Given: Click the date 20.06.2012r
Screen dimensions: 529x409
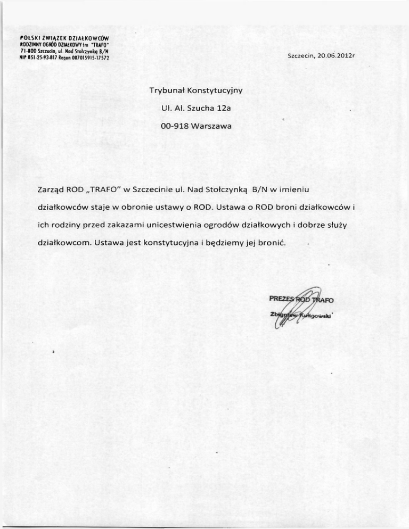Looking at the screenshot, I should click(333, 56).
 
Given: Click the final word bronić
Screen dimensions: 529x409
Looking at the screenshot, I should click(272, 242).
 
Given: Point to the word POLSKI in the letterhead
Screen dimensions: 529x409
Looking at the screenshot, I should click(30, 38).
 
